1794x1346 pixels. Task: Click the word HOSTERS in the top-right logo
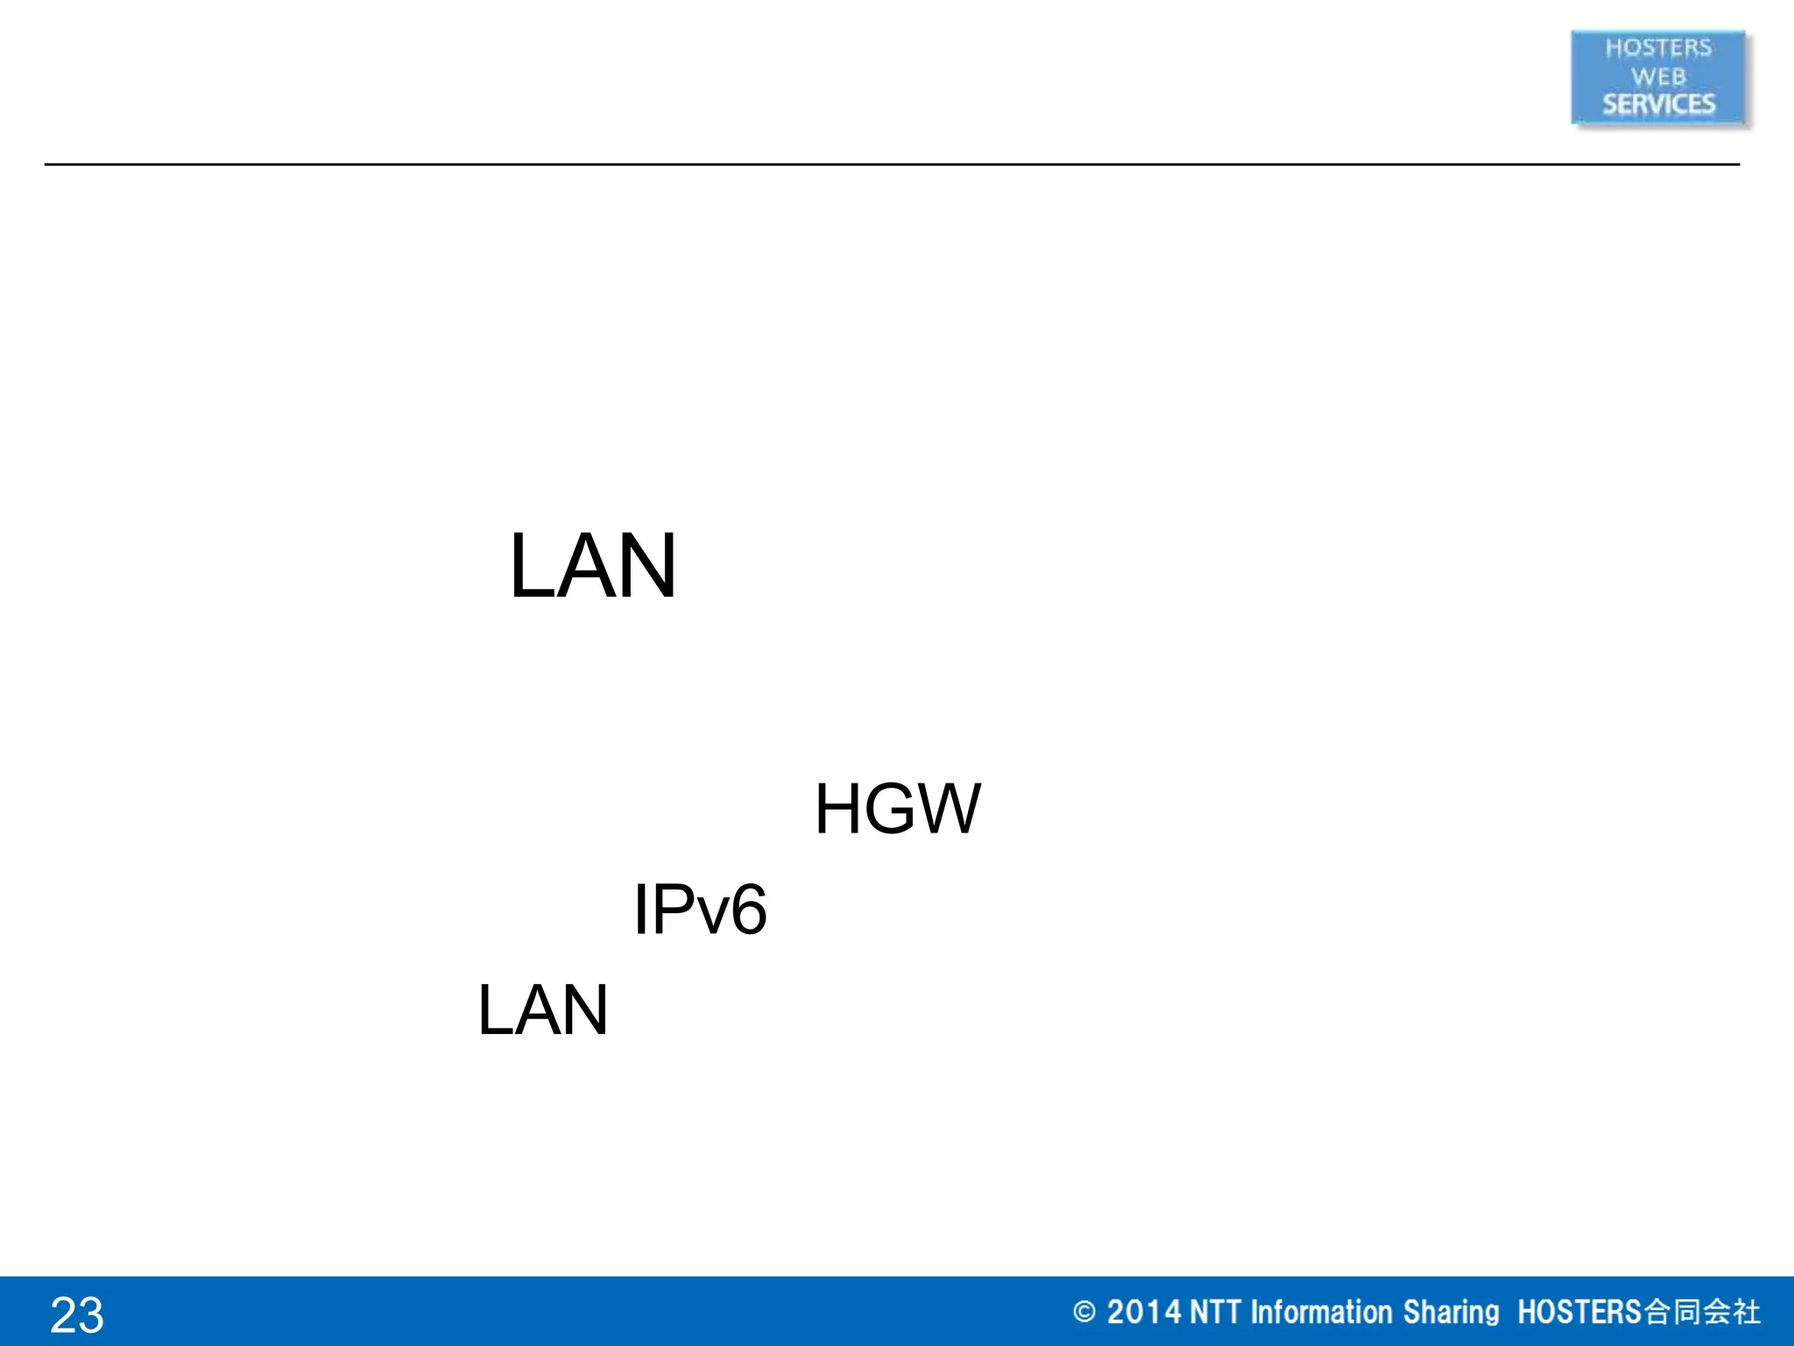(x=1657, y=48)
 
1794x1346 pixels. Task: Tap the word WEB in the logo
(x=1657, y=77)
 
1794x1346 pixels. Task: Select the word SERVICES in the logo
(x=1658, y=104)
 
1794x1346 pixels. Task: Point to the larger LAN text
(x=593, y=566)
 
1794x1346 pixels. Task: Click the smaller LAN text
(x=542, y=1009)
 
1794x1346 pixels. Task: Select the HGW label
(x=897, y=809)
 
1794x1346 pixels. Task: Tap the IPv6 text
(x=699, y=910)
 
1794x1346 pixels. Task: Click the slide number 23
(x=77, y=1314)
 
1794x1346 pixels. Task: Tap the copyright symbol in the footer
(x=1084, y=1312)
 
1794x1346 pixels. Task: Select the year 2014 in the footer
(x=1143, y=1312)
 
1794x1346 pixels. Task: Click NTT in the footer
(x=1215, y=1312)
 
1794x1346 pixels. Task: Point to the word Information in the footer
(x=1321, y=1312)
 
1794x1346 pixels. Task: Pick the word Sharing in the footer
(x=1451, y=1312)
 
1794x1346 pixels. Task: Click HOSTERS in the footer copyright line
(x=1579, y=1312)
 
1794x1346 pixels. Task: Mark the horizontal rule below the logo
(x=892, y=164)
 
